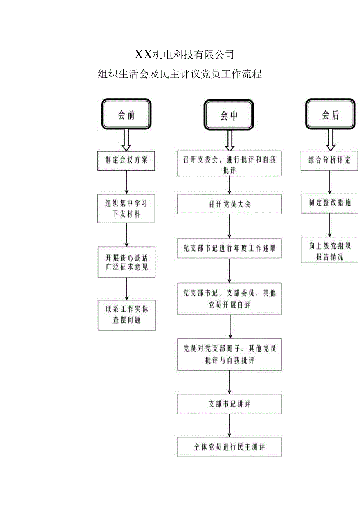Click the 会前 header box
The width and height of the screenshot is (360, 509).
tap(126, 114)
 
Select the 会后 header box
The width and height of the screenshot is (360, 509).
tap(331, 114)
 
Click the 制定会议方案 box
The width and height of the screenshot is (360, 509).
tap(126, 160)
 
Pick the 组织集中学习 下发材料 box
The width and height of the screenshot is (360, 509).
tap(126, 209)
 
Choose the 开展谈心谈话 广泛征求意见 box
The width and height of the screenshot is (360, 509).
tap(126, 262)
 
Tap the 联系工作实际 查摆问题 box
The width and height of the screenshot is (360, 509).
tap(126, 315)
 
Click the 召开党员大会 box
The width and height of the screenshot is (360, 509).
tap(229, 204)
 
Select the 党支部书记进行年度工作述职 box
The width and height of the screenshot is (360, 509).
tap(229, 248)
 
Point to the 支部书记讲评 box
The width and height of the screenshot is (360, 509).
tap(229, 404)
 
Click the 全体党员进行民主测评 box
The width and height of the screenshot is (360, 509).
tap(229, 447)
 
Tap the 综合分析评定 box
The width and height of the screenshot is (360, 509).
tap(329, 160)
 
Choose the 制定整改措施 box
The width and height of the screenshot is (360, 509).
tap(329, 203)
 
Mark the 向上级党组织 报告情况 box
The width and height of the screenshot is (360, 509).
tap(329, 252)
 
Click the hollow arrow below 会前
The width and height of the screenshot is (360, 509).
tap(126, 140)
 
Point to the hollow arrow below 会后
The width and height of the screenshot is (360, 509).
tap(331, 140)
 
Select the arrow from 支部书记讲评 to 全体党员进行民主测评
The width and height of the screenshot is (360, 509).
tap(230, 425)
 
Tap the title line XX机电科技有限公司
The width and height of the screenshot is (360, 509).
tap(184, 55)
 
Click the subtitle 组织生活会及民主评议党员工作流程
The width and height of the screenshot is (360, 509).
tap(180, 74)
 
